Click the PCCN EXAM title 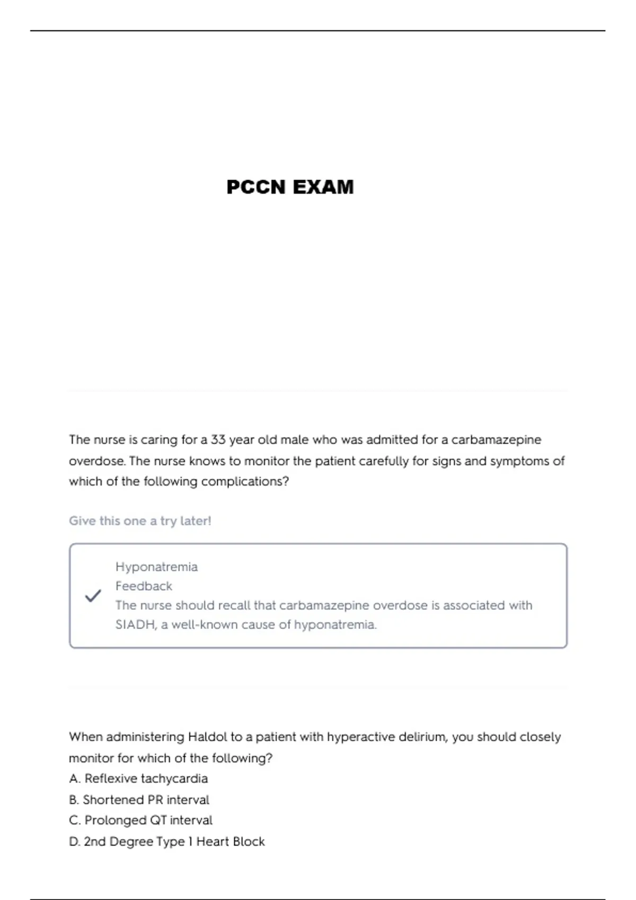[290, 187]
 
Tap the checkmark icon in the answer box [93, 596]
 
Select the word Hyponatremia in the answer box [156, 567]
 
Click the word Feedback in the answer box [144, 586]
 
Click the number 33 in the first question [218, 439]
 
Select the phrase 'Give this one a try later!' [140, 521]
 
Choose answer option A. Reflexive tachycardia [138, 779]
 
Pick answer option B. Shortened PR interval [139, 799]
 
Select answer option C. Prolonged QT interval [140, 820]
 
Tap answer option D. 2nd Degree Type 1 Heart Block [167, 841]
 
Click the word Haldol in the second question [207, 737]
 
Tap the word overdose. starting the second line [97, 461]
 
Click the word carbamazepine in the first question [496, 439]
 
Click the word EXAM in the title [323, 187]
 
